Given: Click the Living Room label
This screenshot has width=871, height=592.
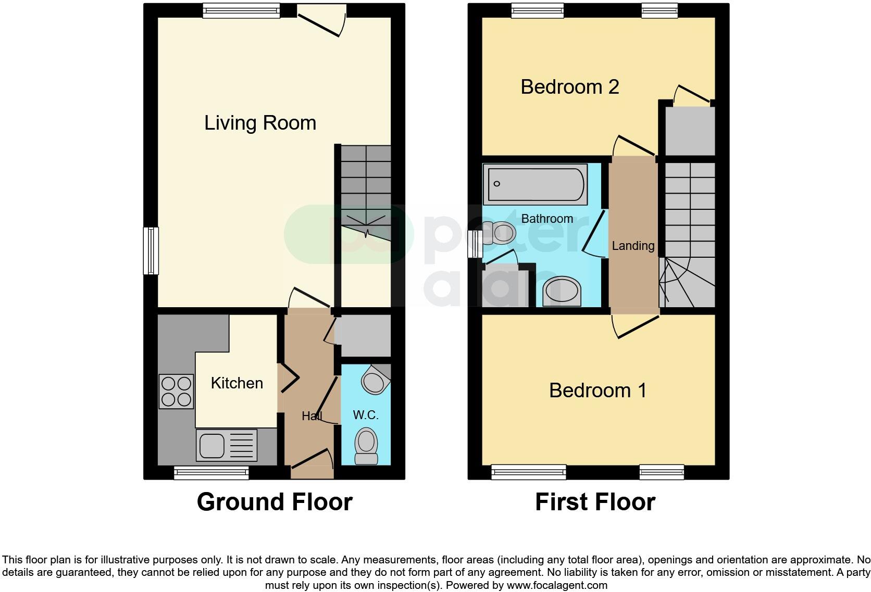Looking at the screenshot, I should click(260, 123).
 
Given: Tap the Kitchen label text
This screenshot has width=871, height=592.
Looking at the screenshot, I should click(237, 383).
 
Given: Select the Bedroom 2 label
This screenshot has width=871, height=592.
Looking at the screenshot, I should click(569, 87).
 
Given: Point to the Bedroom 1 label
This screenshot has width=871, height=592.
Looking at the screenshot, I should click(598, 391).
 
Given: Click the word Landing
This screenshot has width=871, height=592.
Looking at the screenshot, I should click(633, 246).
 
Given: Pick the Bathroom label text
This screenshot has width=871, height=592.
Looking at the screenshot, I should click(547, 219).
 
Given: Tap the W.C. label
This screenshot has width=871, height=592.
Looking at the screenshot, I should click(365, 415).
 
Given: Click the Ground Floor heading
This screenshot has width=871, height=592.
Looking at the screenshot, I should click(275, 502).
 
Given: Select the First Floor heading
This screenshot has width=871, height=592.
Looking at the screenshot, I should click(595, 502).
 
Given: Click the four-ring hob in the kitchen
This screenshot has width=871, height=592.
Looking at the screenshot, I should click(176, 392).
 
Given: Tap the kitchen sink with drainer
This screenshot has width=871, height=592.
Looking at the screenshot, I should click(226, 445).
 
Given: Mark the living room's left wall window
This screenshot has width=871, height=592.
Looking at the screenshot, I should click(151, 250).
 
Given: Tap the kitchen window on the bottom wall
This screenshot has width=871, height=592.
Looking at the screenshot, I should click(211, 473).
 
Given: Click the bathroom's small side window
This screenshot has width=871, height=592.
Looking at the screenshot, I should click(474, 244).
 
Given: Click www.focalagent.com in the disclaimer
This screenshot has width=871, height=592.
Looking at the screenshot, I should click(557, 585).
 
